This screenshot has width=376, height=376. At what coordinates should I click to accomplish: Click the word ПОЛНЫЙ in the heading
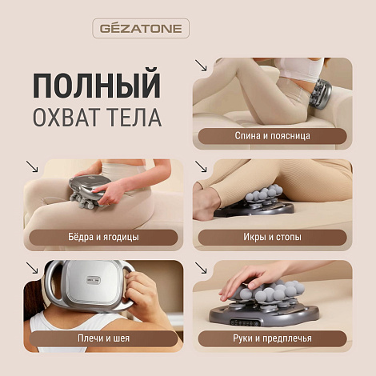[96, 84]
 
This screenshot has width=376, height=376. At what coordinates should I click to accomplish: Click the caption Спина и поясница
[272, 137]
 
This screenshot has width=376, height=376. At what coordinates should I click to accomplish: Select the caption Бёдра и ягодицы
[104, 238]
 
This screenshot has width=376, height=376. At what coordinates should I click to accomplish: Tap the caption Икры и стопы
[272, 238]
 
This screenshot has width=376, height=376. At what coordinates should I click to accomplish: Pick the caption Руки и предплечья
[272, 339]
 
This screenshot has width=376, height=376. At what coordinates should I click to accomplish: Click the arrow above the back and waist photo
[201, 66]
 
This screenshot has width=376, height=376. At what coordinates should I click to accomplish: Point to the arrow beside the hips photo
[33, 166]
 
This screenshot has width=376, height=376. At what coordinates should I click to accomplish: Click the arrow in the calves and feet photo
[201, 168]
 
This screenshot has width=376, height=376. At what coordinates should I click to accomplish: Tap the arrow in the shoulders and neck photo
[33, 269]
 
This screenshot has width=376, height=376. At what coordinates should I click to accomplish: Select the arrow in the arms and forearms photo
[201, 269]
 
